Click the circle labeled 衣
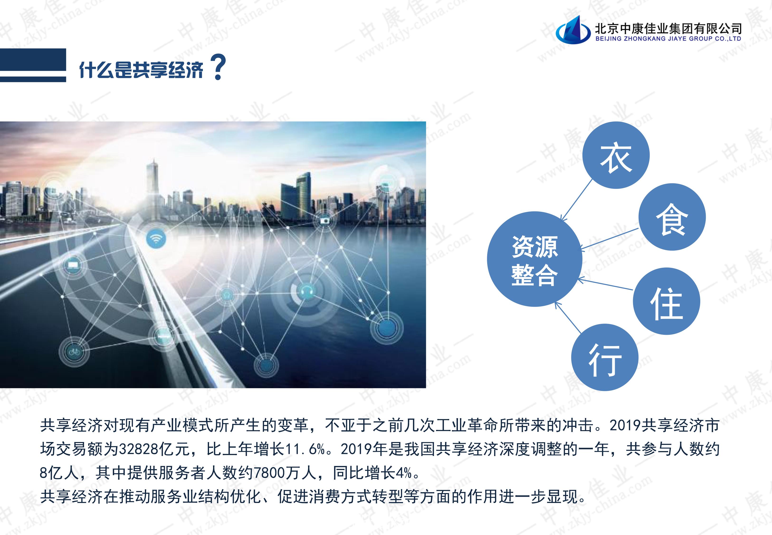point(616,155)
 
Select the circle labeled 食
point(672,217)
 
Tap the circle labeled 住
point(667,301)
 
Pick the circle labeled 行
point(605,357)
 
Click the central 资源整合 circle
point(535,259)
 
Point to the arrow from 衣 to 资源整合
point(577,200)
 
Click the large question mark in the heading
point(218,68)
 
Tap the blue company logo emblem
point(573,30)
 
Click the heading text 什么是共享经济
point(141,70)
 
